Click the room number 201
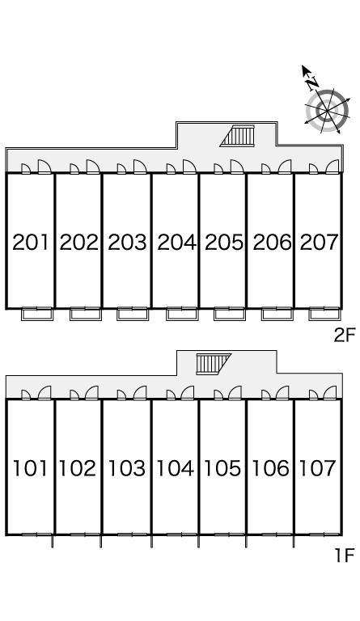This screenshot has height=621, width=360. coord(31,242)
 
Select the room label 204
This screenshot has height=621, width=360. coord(176,242)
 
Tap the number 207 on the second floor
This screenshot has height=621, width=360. coord(319,242)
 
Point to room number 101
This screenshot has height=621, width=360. coord(30,468)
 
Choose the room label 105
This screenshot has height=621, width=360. coord(222,468)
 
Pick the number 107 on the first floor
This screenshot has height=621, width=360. coord(317,468)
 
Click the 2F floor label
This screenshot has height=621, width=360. coord(344,336)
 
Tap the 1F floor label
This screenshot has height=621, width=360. coord(344,556)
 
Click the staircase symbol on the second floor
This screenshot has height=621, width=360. coord(238,136)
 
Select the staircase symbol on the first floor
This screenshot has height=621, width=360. coord(213,364)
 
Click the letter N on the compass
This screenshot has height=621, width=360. coord(313,82)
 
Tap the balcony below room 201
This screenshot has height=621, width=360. coord(37,315)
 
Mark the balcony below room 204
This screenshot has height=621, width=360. coord(182,315)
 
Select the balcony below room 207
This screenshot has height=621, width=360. coord(324,315)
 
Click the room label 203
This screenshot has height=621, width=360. coord(128,242)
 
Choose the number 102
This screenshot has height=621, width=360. coord(78,468)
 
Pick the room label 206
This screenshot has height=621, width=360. coord(272,242)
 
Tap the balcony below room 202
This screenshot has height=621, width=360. coord(86,315)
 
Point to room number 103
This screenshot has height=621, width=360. coord(127,468)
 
